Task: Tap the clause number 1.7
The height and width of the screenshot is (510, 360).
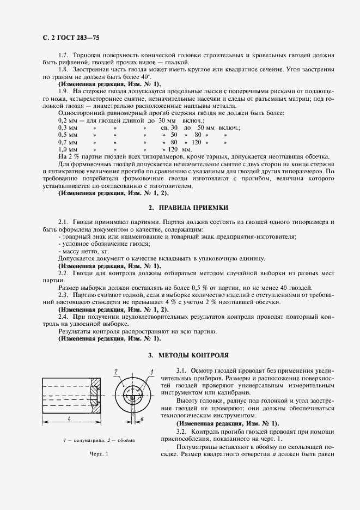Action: click(x=63, y=56)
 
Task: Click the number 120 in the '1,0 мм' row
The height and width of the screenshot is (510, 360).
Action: click(x=174, y=149)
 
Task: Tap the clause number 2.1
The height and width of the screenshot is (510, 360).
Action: click(x=63, y=223)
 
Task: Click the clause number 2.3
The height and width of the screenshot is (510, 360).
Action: click(x=63, y=294)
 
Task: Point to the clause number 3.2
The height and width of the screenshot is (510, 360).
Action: click(x=182, y=431)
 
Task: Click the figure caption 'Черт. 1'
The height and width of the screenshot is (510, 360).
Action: click(x=99, y=454)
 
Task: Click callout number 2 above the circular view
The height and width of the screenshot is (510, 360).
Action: click(x=117, y=372)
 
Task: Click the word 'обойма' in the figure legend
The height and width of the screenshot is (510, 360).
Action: click(x=126, y=440)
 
